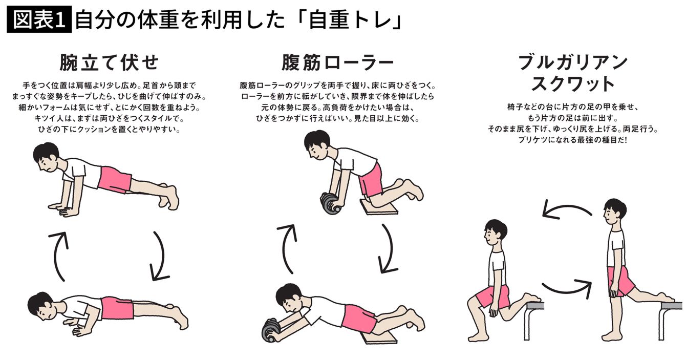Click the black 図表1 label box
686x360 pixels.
(39, 19)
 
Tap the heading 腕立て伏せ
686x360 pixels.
(110, 62)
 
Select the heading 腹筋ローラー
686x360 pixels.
(337, 62)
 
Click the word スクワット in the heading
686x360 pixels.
(573, 83)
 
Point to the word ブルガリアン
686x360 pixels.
(573, 62)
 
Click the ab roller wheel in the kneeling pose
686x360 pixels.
(330, 203)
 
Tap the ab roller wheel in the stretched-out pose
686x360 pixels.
(271, 330)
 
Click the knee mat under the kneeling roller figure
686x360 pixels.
(379, 206)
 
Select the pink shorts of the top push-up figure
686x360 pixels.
(115, 180)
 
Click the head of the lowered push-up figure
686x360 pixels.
(40, 305)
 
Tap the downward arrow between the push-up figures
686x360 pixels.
(159, 256)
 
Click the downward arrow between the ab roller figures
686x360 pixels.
(388, 249)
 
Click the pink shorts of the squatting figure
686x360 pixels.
(493, 297)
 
